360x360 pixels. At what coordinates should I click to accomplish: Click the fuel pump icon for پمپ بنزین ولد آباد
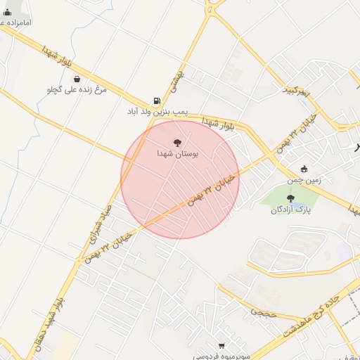pyautogui.click(x=156, y=101)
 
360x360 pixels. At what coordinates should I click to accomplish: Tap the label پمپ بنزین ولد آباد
pyautogui.click(x=150, y=112)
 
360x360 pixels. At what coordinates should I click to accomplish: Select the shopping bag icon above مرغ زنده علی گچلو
pyautogui.click(x=77, y=79)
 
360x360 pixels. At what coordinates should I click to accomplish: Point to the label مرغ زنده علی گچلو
pyautogui.click(x=75, y=90)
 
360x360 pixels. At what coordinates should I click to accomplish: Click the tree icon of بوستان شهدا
pyautogui.click(x=176, y=142)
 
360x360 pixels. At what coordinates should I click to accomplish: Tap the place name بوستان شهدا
pyautogui.click(x=176, y=153)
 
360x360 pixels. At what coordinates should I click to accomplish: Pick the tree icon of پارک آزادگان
pyautogui.click(x=290, y=198)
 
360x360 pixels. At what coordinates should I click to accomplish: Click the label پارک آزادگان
pyautogui.click(x=291, y=210)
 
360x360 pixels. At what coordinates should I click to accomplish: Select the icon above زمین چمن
pyautogui.click(x=304, y=169)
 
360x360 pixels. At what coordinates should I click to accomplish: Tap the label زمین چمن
pyautogui.click(x=304, y=179)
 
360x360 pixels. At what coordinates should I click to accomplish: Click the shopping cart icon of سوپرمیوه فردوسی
pyautogui.click(x=222, y=345)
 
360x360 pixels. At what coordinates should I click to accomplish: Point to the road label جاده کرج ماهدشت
pyautogui.click(x=309, y=311)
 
